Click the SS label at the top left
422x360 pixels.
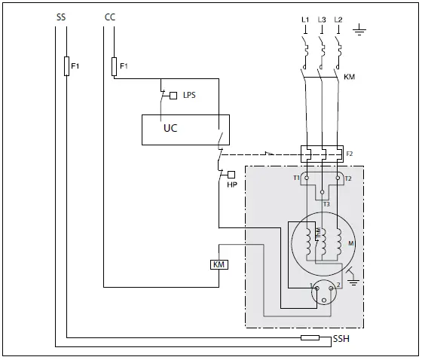(x=61, y=16)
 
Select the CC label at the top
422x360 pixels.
(x=109, y=16)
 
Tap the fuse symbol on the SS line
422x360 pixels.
(x=66, y=66)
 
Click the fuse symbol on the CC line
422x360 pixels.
(x=114, y=66)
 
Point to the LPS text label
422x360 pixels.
(x=189, y=95)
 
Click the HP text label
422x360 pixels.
(x=231, y=185)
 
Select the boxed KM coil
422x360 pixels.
(x=219, y=264)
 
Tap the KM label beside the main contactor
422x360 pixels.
(x=349, y=78)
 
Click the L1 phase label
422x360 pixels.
(x=305, y=17)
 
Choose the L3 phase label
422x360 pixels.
(x=322, y=17)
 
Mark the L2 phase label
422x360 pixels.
(x=338, y=17)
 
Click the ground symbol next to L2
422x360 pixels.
(x=360, y=32)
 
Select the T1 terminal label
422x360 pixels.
(x=296, y=178)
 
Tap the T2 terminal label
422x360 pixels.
(x=348, y=178)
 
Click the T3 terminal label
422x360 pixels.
(x=326, y=204)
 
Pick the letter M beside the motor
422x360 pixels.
(x=350, y=243)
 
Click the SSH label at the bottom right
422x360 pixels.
(x=341, y=340)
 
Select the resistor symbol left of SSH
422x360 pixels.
(x=310, y=338)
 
